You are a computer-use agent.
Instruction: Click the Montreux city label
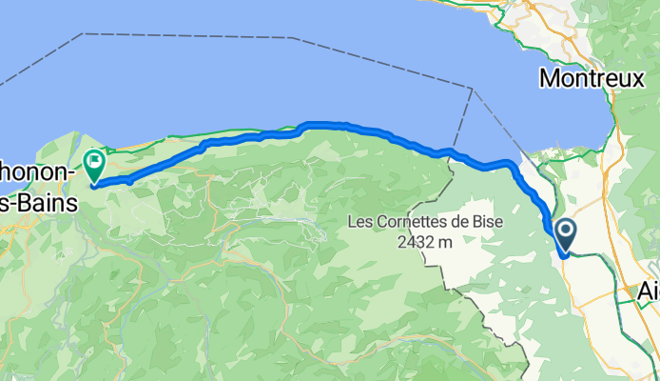click(592, 78)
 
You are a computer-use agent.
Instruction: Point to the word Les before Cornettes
click(361, 223)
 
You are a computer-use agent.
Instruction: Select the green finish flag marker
click(95, 164)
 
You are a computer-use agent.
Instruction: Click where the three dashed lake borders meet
click(472, 88)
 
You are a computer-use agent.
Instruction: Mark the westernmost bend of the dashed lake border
click(84, 34)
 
